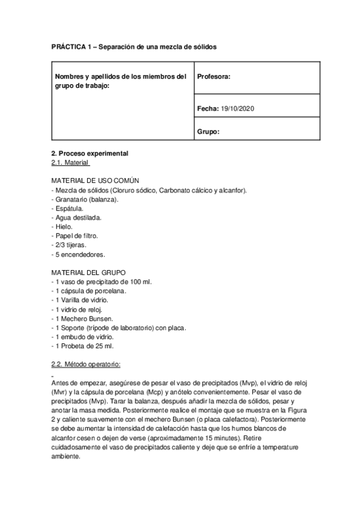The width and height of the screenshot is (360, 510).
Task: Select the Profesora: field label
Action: pos(213,76)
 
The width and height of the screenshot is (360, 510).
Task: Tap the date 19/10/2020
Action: pos(239,108)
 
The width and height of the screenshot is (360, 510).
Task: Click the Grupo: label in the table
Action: pos(208,131)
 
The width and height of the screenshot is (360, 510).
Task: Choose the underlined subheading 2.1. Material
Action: pos(70,162)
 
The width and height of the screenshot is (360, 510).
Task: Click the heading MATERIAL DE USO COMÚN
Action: pos(96,180)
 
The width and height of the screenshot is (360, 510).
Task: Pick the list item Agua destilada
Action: pos(78,217)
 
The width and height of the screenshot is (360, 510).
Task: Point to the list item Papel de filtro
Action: pos(76,236)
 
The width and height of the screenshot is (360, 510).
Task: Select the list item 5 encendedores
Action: pos(78,254)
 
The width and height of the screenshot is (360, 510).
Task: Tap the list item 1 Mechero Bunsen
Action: pos(84,319)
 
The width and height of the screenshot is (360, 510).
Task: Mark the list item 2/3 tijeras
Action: pos(70,245)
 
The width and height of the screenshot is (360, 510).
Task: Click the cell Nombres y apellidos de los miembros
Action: pos(121,81)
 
